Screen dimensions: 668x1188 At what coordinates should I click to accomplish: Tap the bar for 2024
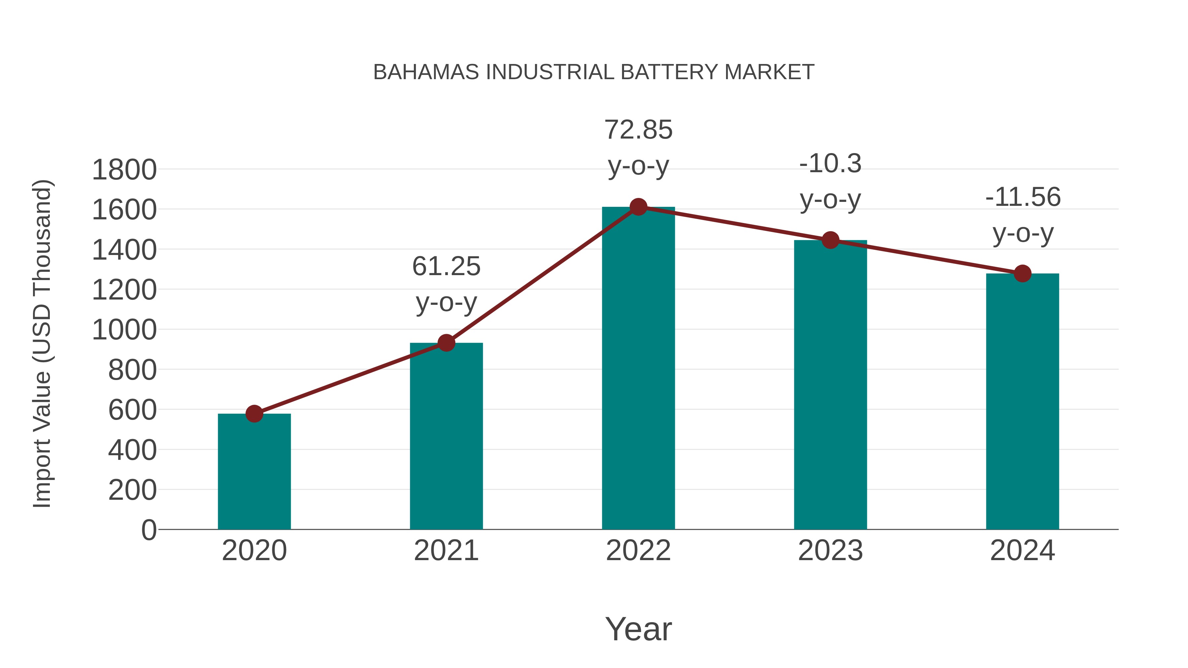point(1022,401)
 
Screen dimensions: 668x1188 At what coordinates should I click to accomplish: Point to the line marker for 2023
point(830,240)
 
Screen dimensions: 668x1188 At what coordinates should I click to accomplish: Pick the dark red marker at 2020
point(254,414)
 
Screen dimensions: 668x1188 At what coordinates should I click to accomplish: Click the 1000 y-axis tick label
point(124,330)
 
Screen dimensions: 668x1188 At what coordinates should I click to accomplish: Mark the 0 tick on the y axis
point(149,530)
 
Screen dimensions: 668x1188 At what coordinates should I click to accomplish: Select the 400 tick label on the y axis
point(132,450)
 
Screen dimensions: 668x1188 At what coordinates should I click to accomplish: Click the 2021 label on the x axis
point(446,551)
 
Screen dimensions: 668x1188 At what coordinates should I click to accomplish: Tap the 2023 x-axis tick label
point(830,551)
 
